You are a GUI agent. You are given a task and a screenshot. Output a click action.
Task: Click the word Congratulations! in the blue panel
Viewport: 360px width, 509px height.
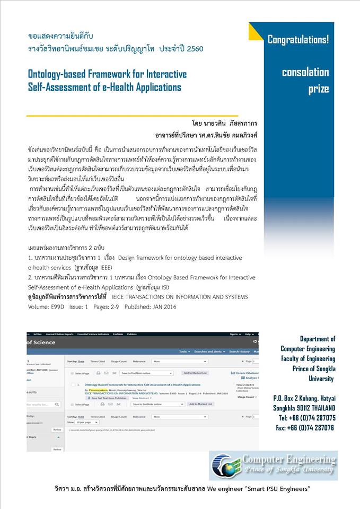(x=298, y=39)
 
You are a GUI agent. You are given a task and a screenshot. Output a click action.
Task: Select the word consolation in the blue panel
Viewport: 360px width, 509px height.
(x=305, y=72)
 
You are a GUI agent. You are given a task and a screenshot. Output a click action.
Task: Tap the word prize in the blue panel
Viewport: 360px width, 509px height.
(x=318, y=89)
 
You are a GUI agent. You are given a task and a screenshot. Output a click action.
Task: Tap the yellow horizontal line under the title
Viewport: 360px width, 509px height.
(x=133, y=115)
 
